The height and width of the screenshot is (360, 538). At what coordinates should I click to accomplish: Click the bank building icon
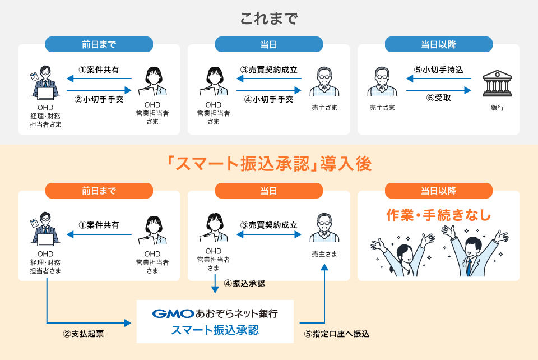(x=497, y=84)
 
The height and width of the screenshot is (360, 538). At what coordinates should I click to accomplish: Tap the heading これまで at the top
(x=268, y=19)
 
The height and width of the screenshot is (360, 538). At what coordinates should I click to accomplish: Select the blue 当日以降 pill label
(x=438, y=44)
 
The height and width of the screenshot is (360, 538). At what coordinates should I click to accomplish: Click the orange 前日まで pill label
(x=99, y=191)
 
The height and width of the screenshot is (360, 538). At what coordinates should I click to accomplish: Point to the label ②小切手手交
(x=99, y=99)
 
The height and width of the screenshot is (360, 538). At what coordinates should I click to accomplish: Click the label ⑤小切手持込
(x=438, y=70)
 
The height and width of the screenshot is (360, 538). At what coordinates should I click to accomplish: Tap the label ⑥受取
(x=438, y=98)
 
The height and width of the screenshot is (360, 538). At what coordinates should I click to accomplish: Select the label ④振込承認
(x=244, y=284)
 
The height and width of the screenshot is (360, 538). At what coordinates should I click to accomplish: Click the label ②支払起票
(x=84, y=334)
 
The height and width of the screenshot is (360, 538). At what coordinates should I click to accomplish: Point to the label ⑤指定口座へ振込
(x=337, y=334)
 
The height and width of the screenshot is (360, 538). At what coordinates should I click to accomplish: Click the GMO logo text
(x=173, y=313)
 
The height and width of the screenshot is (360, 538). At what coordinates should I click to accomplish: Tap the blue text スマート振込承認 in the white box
(x=215, y=330)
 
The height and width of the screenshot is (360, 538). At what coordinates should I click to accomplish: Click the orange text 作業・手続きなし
(x=438, y=215)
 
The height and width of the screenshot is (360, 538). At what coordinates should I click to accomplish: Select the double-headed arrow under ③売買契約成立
(x=268, y=234)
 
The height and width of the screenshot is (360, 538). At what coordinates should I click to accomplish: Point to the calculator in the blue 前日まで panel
(x=35, y=76)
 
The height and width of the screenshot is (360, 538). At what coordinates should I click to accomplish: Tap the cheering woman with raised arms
(x=402, y=255)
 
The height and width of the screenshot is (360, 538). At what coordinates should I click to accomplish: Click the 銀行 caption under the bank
(x=497, y=108)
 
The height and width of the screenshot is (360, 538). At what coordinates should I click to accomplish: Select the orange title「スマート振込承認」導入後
(x=268, y=163)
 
